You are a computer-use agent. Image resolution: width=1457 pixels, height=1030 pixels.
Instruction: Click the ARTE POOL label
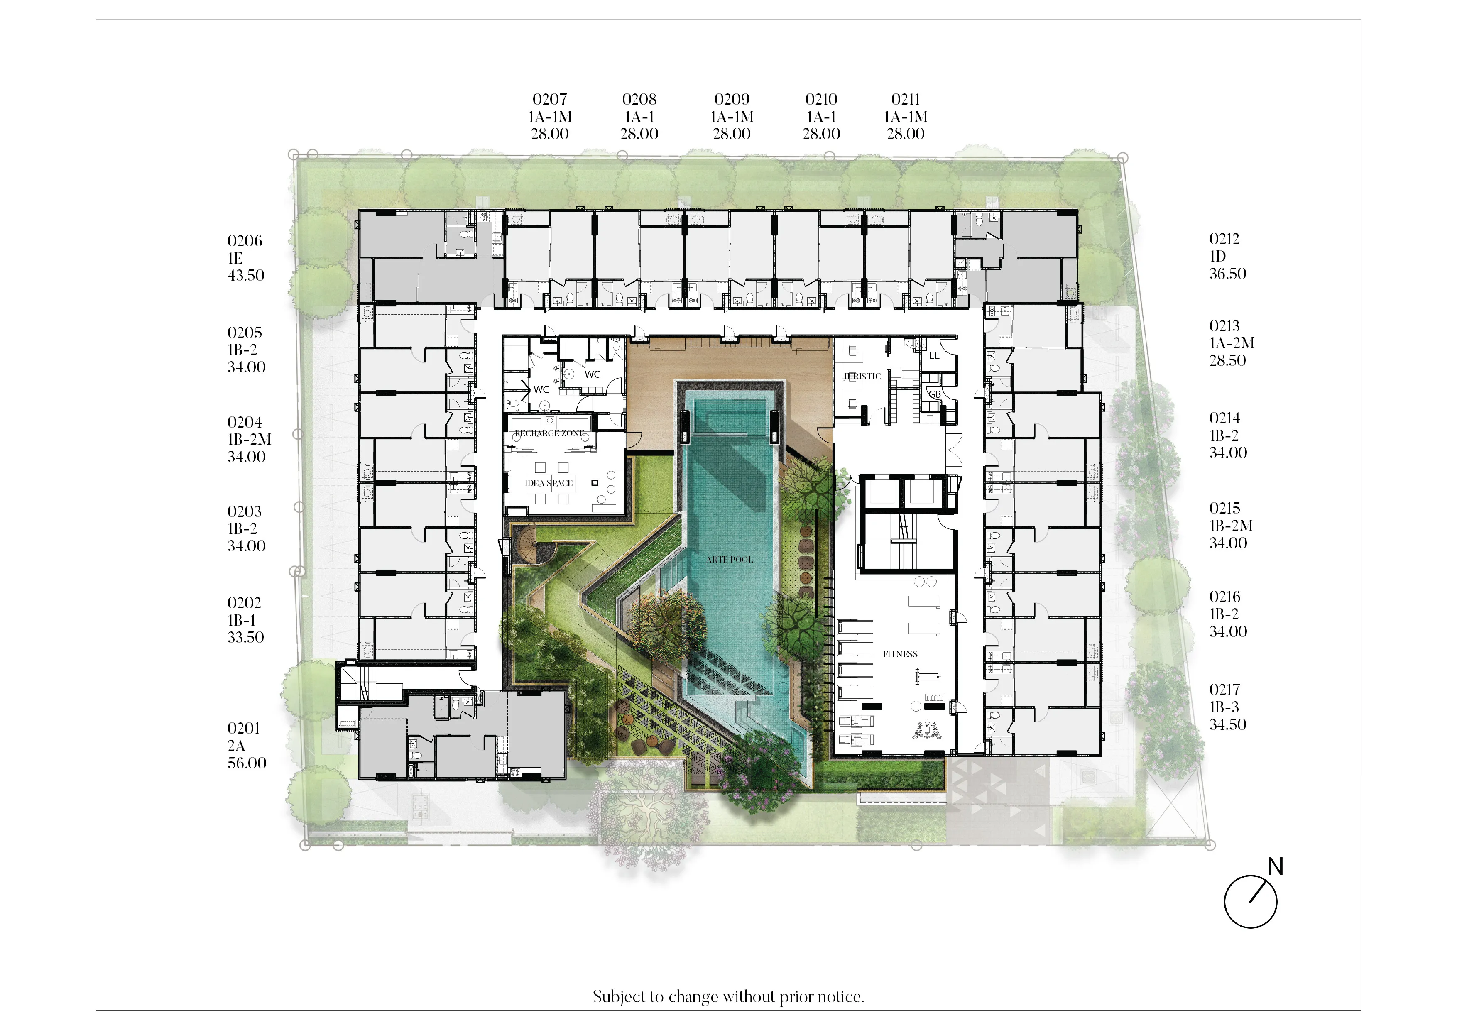click(x=730, y=559)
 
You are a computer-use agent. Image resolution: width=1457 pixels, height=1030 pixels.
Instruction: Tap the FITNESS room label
click(x=900, y=654)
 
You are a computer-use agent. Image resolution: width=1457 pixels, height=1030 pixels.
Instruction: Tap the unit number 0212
click(x=1224, y=239)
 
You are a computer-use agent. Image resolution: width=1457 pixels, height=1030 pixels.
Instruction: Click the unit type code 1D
click(x=1217, y=257)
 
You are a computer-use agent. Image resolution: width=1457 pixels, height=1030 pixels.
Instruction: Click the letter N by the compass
click(x=1276, y=867)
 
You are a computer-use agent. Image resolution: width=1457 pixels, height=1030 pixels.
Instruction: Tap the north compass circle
click(x=1250, y=902)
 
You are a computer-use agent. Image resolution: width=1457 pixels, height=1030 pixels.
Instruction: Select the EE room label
click(x=934, y=355)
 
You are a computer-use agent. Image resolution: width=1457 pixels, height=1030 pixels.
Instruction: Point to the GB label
click(x=935, y=394)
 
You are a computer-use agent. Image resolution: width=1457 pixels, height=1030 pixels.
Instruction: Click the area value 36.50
click(x=1227, y=274)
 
